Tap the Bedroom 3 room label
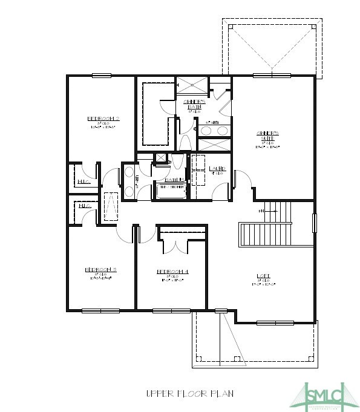102,269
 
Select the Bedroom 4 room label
173,272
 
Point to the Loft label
263,276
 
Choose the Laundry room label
217,169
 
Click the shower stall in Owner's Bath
192,85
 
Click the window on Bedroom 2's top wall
101,76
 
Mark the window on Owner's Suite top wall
272,76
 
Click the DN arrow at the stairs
261,211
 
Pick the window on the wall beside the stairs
313,222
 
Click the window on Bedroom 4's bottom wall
172,311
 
